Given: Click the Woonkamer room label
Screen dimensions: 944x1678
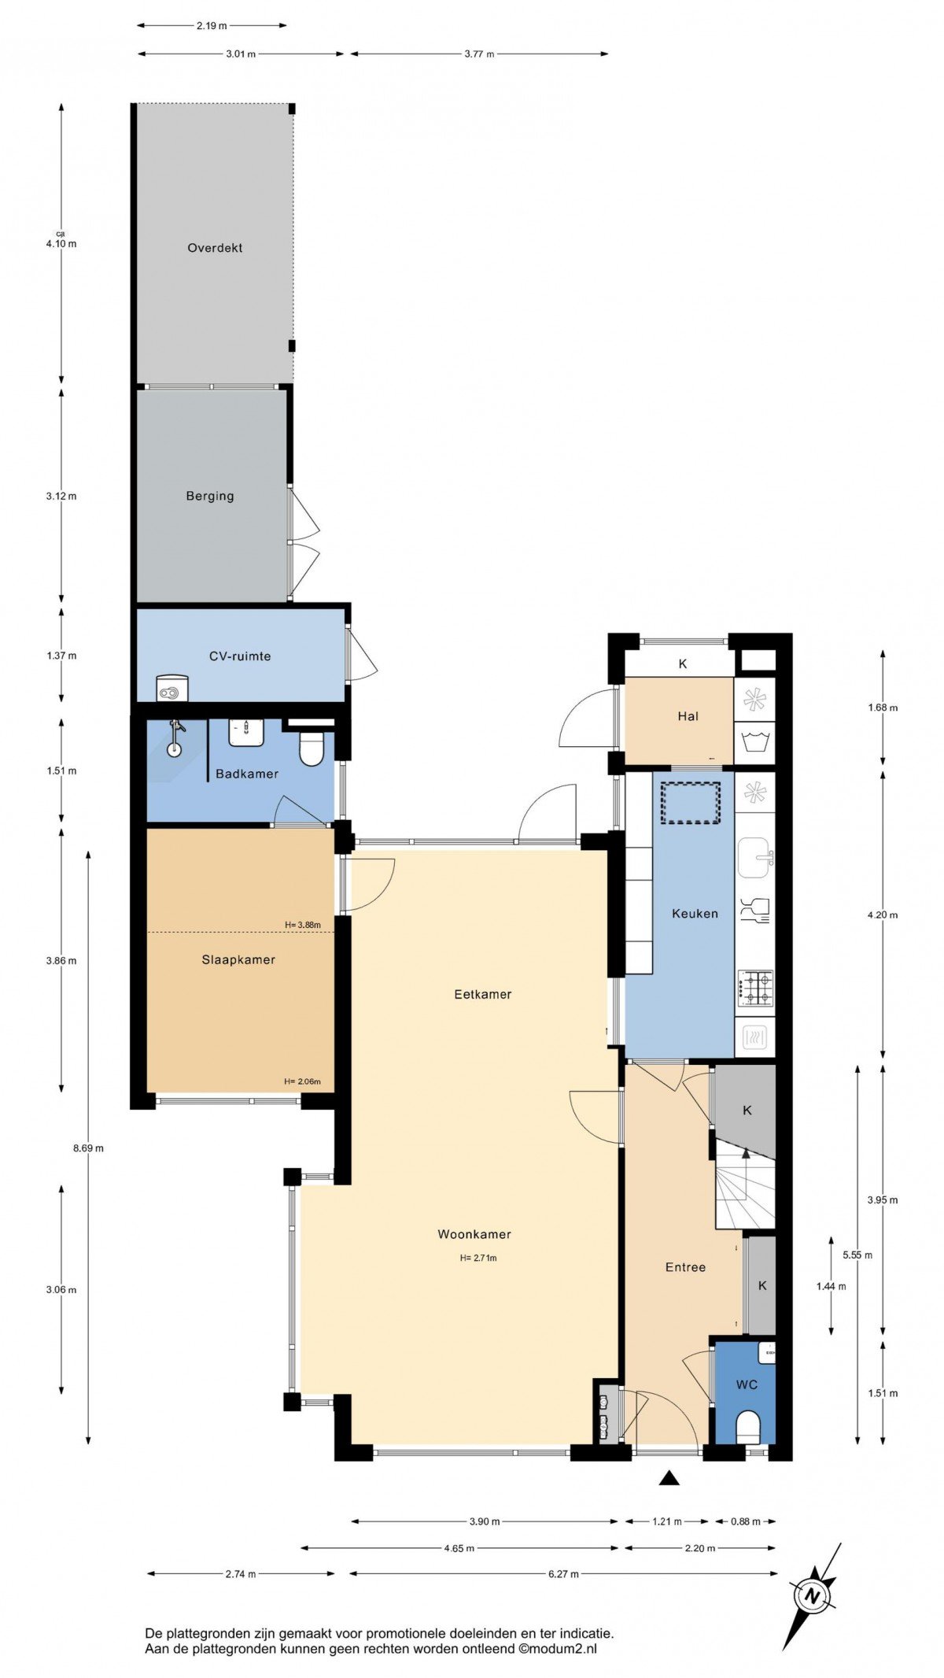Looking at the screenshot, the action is pos(474,1234).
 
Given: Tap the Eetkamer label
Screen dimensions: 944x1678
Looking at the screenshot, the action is pos(483,994).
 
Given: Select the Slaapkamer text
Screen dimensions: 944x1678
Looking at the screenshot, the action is pos(238,959).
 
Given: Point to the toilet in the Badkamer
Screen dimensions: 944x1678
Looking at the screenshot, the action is pos(312,748).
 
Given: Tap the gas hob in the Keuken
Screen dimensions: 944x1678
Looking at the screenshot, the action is pos(755,989).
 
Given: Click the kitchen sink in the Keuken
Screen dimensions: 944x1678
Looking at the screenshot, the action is pos(755,857).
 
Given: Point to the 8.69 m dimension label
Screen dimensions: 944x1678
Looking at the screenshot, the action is pos(88,1148).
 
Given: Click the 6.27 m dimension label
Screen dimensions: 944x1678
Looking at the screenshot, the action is pos(563,1573).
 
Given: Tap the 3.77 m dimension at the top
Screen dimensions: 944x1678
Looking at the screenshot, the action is pos(479,54).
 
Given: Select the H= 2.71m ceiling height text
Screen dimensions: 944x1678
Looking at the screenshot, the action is pos(478,1258).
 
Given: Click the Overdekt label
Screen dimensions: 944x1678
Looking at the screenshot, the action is pos(215,248).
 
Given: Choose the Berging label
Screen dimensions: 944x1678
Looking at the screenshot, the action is pos(210,496).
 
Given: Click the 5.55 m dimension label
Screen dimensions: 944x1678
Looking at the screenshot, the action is pos(857,1255).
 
